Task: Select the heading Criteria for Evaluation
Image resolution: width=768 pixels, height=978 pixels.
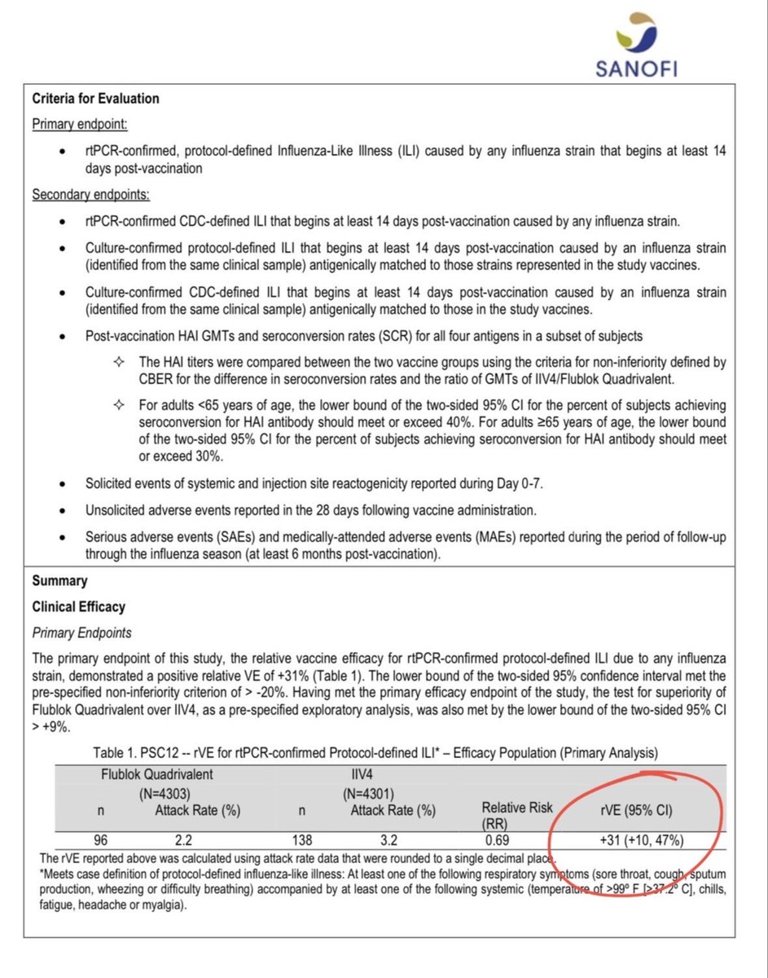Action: pos(95,99)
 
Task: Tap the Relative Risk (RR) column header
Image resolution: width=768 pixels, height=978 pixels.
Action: pos(516,814)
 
